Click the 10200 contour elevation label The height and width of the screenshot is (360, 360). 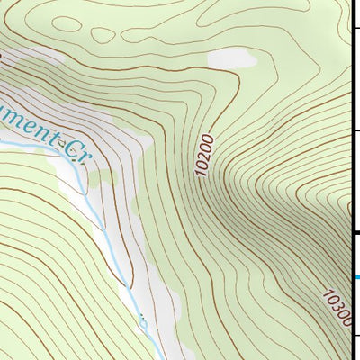coord(205,154)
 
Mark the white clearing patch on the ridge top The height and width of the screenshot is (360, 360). coord(231,60)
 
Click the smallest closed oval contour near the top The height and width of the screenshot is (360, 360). coord(103,35)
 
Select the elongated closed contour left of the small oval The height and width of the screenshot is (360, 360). coord(67,25)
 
